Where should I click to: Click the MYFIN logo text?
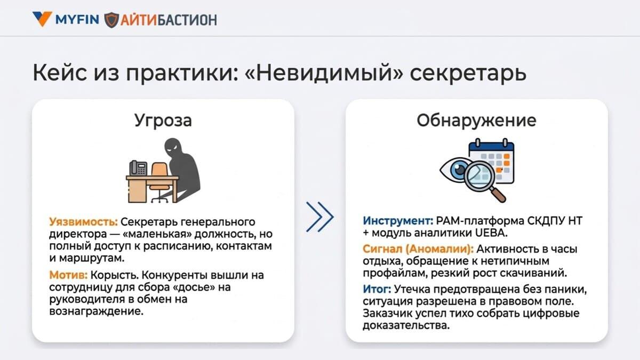pyautogui.click(x=77, y=19)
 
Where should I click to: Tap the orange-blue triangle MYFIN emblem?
pyautogui.click(x=42, y=19)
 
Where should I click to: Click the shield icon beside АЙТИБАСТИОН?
pyautogui.click(x=111, y=20)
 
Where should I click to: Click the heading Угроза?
pyautogui.click(x=163, y=121)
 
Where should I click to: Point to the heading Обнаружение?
pyautogui.click(x=476, y=121)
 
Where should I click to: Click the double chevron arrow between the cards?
pyautogui.click(x=319, y=217)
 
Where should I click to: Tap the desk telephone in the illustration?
pyautogui.click(x=138, y=167)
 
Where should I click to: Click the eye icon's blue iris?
pyautogui.click(x=459, y=170)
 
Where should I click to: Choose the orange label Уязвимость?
pyautogui.click(x=83, y=222)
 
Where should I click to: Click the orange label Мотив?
pyautogui.click(x=69, y=275)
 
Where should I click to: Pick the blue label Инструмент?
pyautogui.click(x=398, y=221)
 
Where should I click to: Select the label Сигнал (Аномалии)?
pyautogui.click(x=418, y=249)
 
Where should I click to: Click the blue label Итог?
pyautogui.click(x=377, y=289)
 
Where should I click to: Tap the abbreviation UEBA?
pyautogui.click(x=491, y=233)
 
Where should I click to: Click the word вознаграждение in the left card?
pyautogui.click(x=97, y=311)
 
